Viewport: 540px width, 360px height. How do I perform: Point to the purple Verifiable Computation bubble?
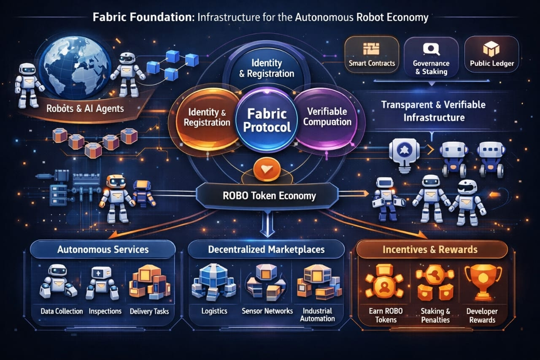pos(327,117)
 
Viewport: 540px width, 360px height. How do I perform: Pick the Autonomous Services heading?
pos(103,249)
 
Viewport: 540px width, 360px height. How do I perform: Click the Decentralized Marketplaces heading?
pos(266,249)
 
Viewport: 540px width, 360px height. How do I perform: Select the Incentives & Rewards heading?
pos(430,249)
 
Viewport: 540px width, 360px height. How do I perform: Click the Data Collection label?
pos(62,311)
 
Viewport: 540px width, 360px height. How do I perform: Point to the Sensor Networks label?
pos(267,311)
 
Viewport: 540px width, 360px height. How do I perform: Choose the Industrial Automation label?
pos(317,315)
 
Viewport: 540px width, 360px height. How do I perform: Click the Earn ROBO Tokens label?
pos(386,315)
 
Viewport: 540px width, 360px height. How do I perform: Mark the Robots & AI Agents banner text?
pos(85,108)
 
